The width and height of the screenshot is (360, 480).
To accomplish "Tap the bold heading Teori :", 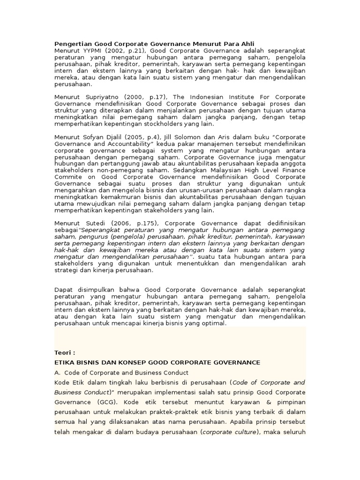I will (x=65, y=353).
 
